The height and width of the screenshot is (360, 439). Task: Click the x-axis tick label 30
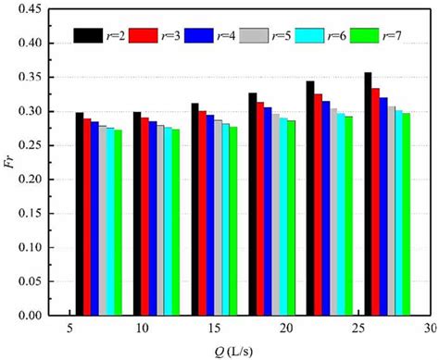429,329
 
